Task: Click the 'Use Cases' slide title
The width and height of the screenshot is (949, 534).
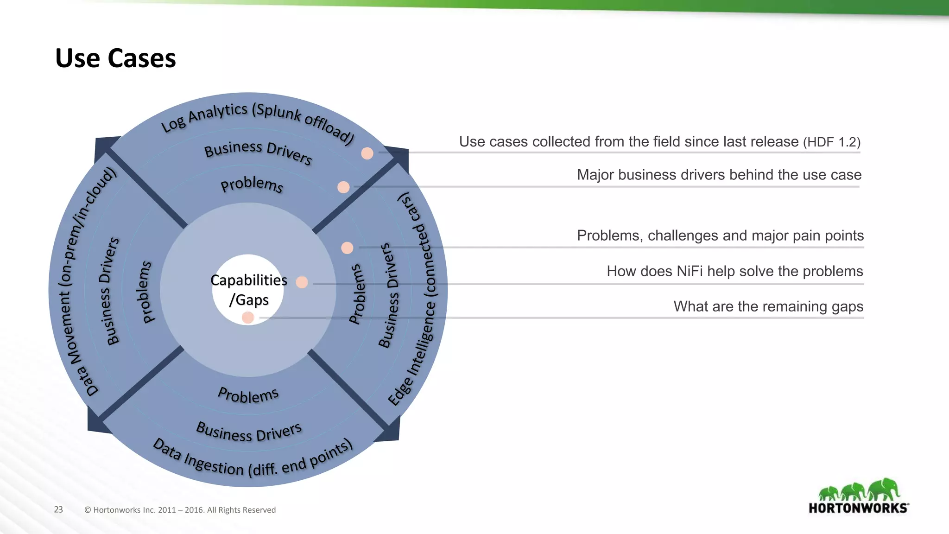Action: (115, 58)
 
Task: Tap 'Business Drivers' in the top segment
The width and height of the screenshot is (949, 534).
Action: (258, 152)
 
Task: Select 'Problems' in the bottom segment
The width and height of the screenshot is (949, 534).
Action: (248, 395)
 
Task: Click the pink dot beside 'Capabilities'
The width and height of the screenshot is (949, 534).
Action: (302, 282)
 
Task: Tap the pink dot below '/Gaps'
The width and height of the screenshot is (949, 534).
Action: (248, 318)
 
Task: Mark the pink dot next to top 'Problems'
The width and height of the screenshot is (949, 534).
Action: (343, 187)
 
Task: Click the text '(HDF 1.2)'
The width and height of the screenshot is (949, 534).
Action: (831, 142)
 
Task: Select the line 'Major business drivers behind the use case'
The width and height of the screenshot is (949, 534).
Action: (719, 175)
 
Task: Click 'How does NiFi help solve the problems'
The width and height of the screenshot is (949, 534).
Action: (734, 271)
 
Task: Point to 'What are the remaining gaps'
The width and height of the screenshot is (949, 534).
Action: (768, 306)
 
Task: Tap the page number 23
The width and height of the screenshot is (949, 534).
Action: (58, 509)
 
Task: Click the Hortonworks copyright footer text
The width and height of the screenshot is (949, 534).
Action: (180, 510)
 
